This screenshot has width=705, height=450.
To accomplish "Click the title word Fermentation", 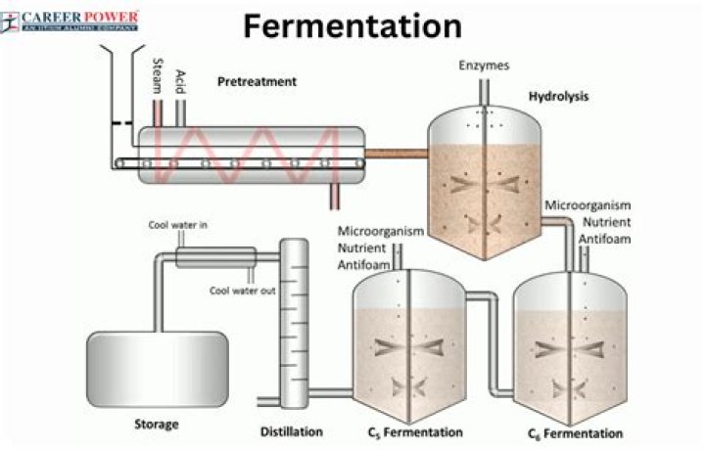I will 352,25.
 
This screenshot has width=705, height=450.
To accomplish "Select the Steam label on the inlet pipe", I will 157,75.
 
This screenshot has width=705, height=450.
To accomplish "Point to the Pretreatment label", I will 257,82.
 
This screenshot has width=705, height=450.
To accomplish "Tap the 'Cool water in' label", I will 177,225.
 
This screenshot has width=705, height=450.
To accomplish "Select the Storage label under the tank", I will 157,426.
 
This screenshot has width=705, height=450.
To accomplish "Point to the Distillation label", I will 292,430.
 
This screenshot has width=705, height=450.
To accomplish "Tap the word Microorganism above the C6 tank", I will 587,205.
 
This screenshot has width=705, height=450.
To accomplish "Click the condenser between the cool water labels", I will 216,257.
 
